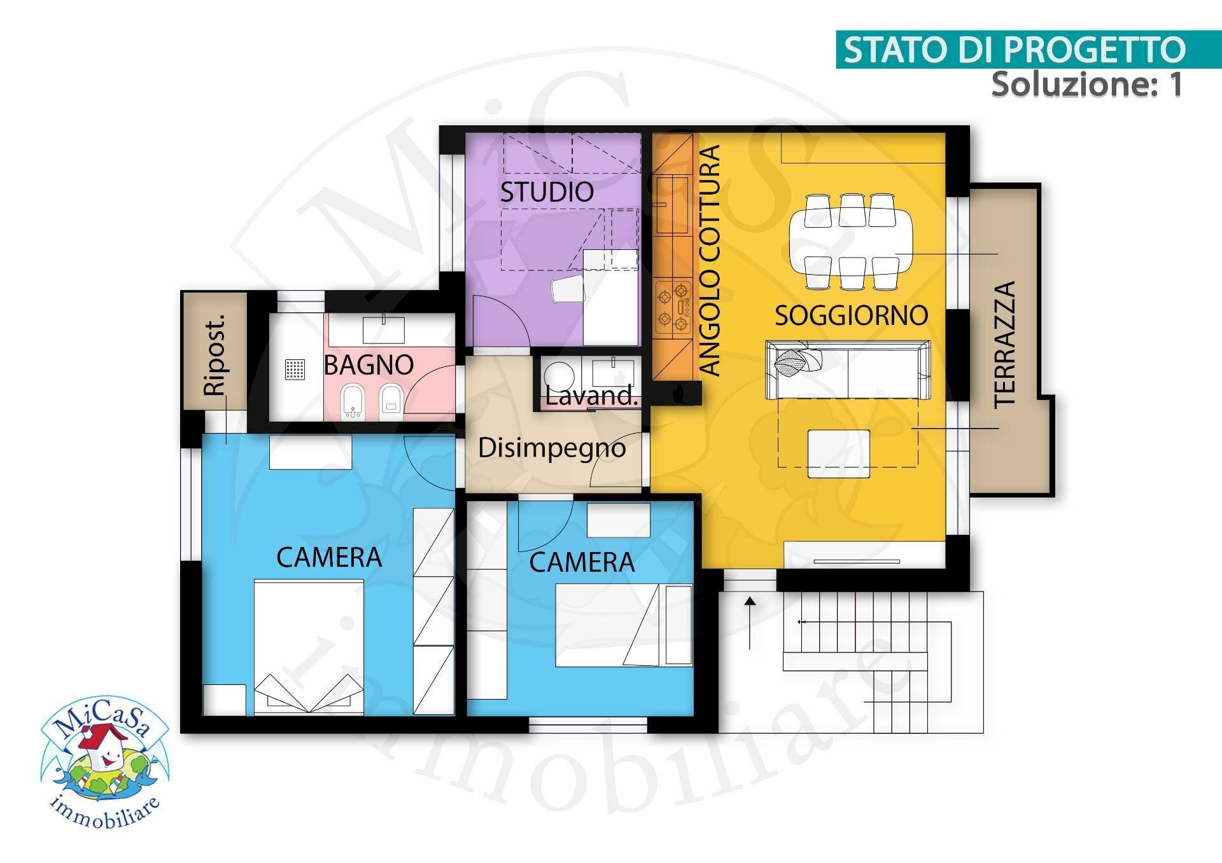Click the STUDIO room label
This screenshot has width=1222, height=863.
point(546,192)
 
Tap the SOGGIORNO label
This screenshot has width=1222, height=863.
point(851,315)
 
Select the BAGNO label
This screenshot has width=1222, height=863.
point(369,365)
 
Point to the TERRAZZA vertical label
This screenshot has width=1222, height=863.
point(1004,344)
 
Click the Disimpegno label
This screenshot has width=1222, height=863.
point(552,448)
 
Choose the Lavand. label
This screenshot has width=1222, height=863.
point(591,396)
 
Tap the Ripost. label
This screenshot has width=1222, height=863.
point(215,354)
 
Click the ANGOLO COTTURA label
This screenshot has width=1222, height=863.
point(709,260)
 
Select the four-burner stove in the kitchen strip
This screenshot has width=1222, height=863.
point(673,308)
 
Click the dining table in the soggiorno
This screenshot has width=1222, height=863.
point(850,242)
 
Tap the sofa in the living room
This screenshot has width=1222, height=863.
point(848,370)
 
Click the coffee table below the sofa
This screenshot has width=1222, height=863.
point(838,453)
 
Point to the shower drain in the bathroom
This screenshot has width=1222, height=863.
point(295,369)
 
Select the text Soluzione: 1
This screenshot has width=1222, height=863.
point(1086,84)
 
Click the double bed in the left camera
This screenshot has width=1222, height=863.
point(309,646)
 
